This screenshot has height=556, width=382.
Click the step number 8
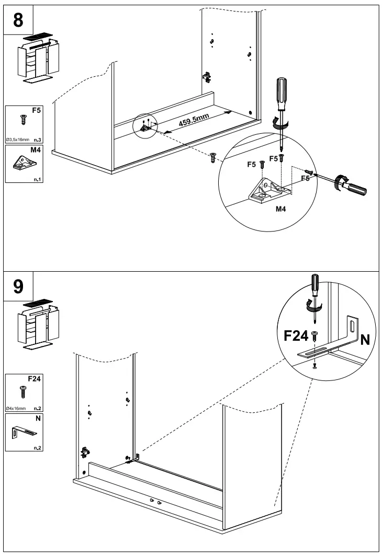pyautogui.click(x=18, y=20)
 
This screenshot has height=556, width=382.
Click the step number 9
pyautogui.click(x=18, y=286)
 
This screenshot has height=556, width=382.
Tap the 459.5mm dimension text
pyautogui.click(x=194, y=120)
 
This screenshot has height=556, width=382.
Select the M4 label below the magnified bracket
pyautogui.click(x=280, y=209)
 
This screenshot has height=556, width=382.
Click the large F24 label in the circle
pyautogui.click(x=296, y=335)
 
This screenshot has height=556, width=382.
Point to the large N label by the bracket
pyautogui.click(x=365, y=340)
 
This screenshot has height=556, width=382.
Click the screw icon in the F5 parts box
pyautogui.click(x=24, y=120)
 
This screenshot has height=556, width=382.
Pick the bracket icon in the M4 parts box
pyautogui.click(x=25, y=163)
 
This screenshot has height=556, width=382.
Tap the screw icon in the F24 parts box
pyautogui.click(x=23, y=392)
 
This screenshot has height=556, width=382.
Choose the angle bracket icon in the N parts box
pyautogui.click(x=24, y=432)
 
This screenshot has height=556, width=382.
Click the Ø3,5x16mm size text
pyautogui.click(x=18, y=140)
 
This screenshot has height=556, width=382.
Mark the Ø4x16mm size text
pyautogui.click(x=16, y=409)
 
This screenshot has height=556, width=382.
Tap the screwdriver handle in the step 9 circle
pyautogui.click(x=315, y=286)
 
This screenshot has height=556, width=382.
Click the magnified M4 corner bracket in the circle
pyautogui.click(x=270, y=191)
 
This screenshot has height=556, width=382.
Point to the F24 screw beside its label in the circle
pyautogui.click(x=314, y=335)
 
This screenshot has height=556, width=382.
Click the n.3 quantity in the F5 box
pyautogui.click(x=38, y=140)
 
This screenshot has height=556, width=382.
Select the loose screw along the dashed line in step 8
pyautogui.click(x=212, y=158)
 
